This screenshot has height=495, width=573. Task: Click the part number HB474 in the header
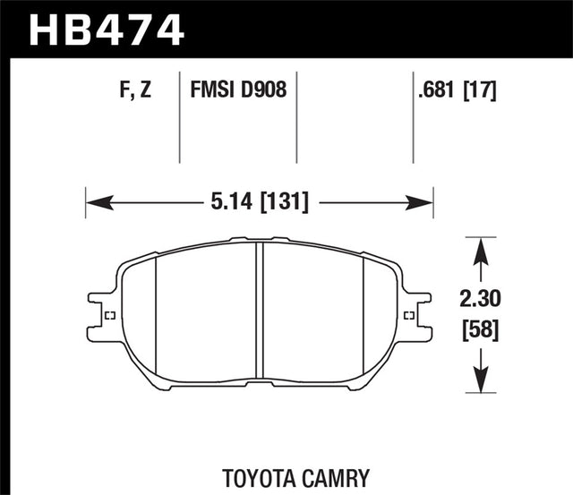click(107, 29)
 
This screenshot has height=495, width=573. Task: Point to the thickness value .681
click(435, 90)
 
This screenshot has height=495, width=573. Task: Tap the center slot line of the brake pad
click(260, 309)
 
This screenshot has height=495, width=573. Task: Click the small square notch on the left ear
click(109, 315)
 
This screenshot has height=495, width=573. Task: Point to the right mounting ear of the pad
click(414, 315)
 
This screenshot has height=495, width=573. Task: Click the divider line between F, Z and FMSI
click(180, 116)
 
